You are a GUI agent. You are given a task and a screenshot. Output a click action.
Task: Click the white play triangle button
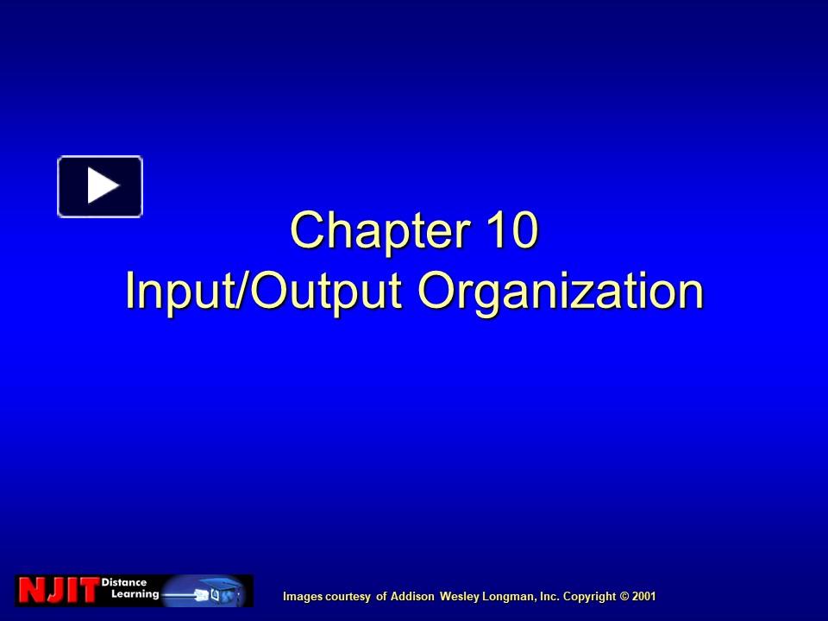pos(100,186)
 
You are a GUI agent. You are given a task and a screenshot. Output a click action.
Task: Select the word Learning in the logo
pos(129,595)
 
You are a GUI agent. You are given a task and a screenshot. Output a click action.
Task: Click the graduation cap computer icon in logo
pos(220,592)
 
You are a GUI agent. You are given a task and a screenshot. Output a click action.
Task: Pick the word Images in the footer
pos(301,596)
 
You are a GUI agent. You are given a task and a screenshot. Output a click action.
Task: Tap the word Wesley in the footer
pos(460,596)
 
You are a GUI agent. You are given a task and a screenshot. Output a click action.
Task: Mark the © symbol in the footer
pos(625,596)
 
